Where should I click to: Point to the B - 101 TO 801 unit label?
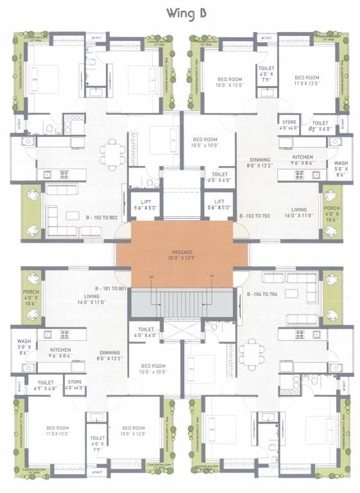point(112,288)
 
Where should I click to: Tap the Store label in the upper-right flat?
point(287,125)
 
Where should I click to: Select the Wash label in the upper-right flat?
point(341,168)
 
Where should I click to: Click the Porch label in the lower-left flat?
point(31,284)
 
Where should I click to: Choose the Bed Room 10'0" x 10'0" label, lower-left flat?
point(148,368)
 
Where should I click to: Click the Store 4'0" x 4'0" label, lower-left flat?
point(75,385)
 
